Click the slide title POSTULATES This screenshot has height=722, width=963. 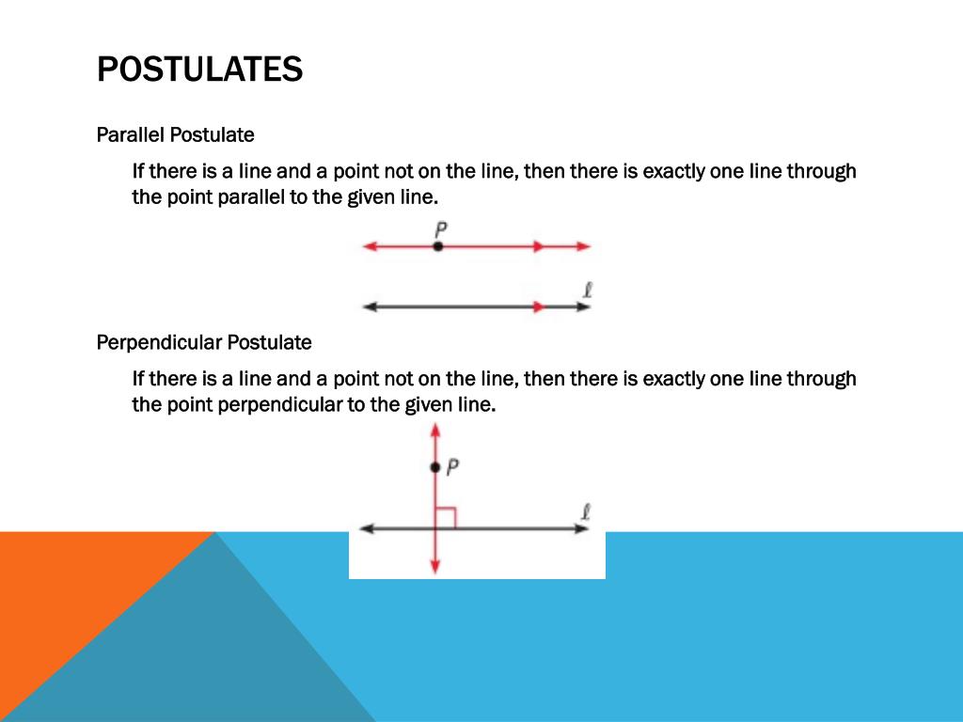click(199, 69)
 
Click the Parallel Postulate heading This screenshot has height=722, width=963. click(175, 135)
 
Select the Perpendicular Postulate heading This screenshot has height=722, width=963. click(204, 343)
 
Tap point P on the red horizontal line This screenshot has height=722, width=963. click(437, 246)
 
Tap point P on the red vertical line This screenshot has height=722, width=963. click(434, 467)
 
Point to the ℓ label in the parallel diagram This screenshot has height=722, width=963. click(587, 290)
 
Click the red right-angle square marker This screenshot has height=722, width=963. click(446, 518)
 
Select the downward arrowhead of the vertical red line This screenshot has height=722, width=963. click(434, 567)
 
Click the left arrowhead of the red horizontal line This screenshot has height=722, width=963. click(369, 246)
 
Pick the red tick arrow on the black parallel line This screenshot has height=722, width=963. click(538, 306)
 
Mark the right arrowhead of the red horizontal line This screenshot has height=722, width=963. click(584, 246)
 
